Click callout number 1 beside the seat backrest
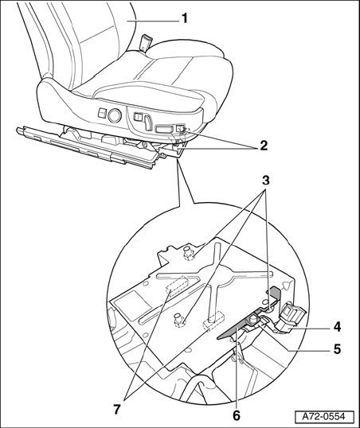pyautogui.click(x=185, y=18)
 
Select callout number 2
pyautogui.click(x=264, y=146)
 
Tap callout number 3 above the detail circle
pyautogui.click(x=266, y=180)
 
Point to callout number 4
pyautogui.click(x=338, y=327)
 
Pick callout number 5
pyautogui.click(x=338, y=348)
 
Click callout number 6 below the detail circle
pyautogui.click(x=237, y=415)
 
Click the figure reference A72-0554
pyautogui.click(x=324, y=417)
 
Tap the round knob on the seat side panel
pyautogui.click(x=114, y=115)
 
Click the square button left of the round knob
pyautogui.click(x=102, y=113)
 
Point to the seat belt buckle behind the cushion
pyautogui.click(x=144, y=44)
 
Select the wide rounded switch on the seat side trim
pyautogui.click(x=163, y=129)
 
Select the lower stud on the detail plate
pyautogui.click(x=178, y=319)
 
